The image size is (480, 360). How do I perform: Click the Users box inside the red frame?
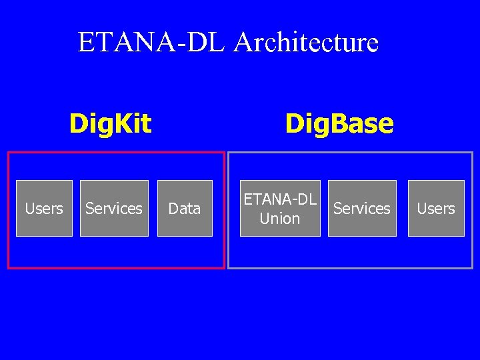point(44,208)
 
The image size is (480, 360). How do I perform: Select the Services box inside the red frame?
point(114,208)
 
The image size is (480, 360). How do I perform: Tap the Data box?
point(185,208)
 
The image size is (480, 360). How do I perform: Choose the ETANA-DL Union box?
point(280,208)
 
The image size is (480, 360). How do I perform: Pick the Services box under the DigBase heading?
point(362,208)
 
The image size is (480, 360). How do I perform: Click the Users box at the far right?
point(436,208)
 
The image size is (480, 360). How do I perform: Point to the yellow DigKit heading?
point(111,123)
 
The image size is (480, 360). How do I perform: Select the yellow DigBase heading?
point(339,123)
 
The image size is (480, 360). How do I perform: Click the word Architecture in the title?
point(307,43)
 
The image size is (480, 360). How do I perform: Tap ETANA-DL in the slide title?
point(153,43)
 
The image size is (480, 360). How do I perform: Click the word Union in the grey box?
point(280,219)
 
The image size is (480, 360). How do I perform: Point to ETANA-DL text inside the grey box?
point(280,199)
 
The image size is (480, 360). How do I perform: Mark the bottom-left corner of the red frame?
point(8,268)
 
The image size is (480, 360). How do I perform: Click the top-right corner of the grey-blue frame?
point(472,153)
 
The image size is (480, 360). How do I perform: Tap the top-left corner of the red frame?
point(8,153)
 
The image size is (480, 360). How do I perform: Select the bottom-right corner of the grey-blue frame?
point(472,268)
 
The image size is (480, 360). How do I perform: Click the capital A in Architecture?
point(244,43)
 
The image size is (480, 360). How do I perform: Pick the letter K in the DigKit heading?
point(123,123)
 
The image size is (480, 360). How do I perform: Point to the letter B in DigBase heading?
point(328,123)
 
